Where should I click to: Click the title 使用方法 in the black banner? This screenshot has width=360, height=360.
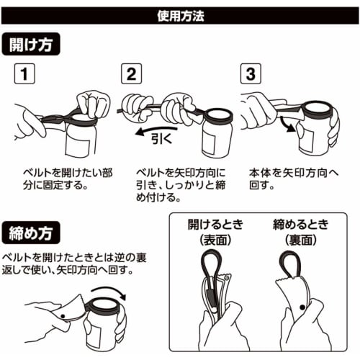(179, 14)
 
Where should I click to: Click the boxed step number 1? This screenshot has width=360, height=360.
(24, 75)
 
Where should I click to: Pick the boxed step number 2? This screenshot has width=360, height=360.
(131, 75)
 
